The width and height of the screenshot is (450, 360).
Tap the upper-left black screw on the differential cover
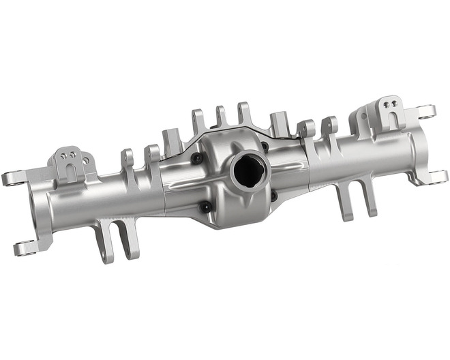[197, 158]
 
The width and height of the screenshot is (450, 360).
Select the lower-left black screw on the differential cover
[205, 206]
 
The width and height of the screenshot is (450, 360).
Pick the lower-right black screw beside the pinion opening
[273, 195]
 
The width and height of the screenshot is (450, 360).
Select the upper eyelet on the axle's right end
[427, 112]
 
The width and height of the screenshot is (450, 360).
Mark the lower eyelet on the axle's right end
[437, 177]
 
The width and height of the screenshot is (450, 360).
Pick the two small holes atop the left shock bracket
[67, 155]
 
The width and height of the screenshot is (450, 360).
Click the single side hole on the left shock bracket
[86, 161]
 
